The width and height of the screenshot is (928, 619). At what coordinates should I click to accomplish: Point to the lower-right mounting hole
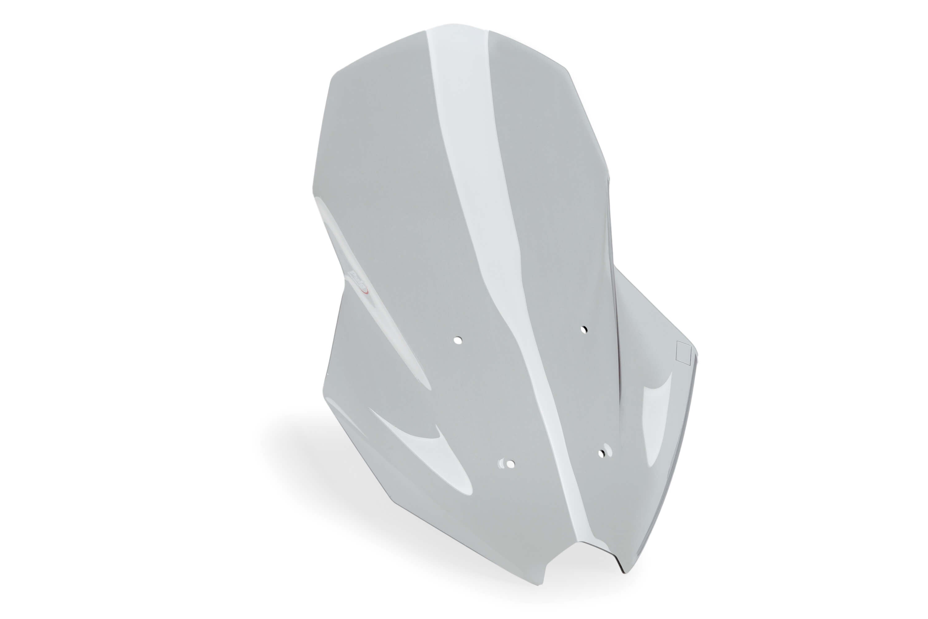click(x=601, y=454)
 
